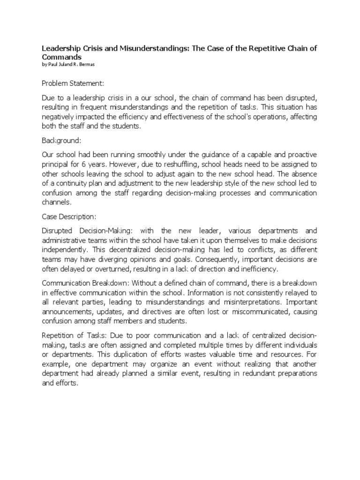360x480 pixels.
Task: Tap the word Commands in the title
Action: [x=61, y=56]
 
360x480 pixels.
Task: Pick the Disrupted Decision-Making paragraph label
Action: [x=87, y=231]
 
